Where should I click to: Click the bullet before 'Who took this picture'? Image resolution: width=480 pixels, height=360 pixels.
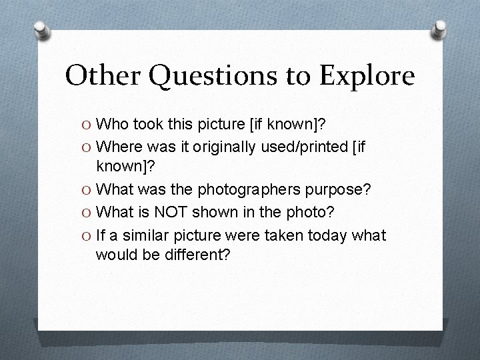(86, 125)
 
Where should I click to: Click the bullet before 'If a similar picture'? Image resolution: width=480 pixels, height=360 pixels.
(86, 236)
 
